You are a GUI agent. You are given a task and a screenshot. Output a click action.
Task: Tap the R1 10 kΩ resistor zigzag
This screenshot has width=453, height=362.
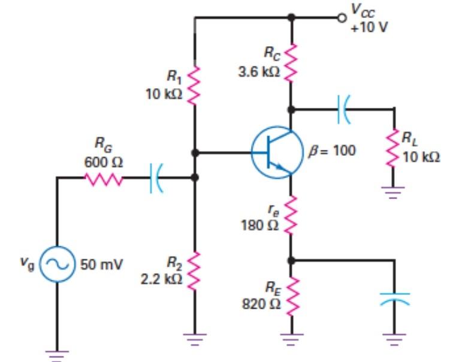[194, 85]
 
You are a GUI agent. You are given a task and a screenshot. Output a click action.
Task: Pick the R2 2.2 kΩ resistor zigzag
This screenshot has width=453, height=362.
[194, 270]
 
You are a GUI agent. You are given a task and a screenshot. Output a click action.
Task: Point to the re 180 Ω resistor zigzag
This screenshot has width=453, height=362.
[291, 215]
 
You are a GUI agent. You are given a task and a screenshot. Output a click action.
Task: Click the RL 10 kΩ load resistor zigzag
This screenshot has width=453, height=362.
[394, 149]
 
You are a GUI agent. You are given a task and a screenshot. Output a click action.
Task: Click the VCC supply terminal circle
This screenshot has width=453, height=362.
[342, 17]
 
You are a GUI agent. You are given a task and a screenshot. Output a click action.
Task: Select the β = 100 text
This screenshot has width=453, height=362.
[331, 151]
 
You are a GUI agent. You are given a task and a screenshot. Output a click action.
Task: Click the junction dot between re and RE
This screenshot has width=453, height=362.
[291, 260]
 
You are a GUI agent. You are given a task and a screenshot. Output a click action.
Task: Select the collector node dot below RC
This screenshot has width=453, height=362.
[291, 109]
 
